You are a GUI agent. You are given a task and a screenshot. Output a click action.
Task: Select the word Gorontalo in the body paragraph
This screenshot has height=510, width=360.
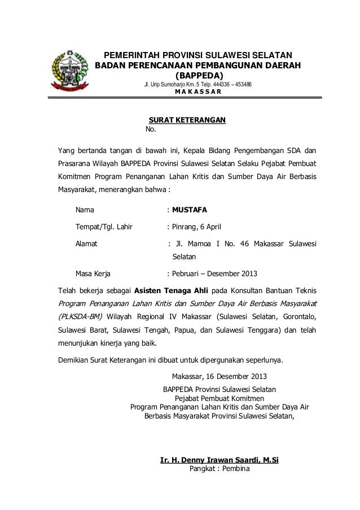coord(297,316)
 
